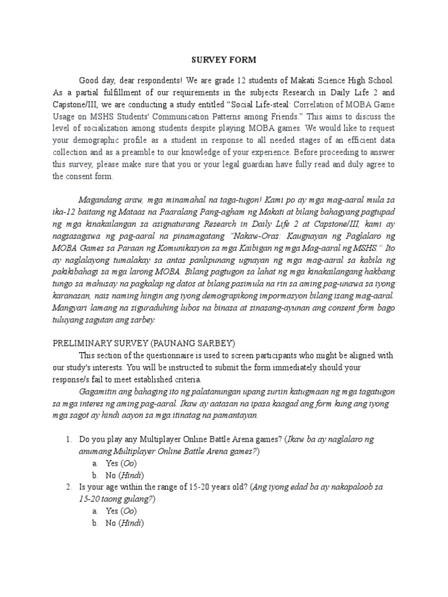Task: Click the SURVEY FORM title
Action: click(224, 60)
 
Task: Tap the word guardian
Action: click(265, 165)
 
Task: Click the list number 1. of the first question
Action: click(68, 440)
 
